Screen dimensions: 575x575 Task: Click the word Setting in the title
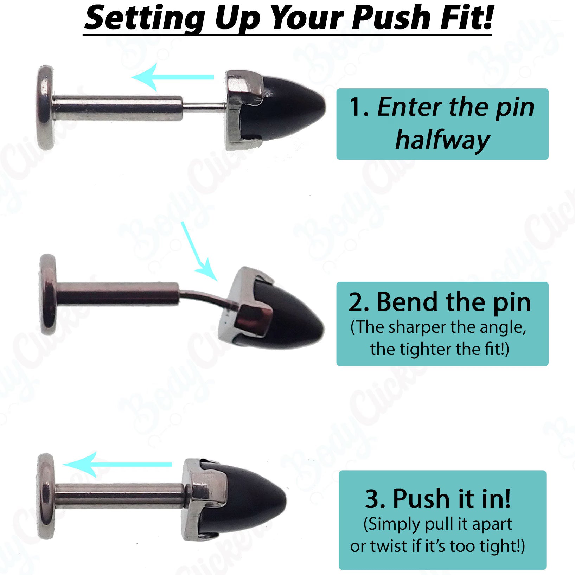[144, 18]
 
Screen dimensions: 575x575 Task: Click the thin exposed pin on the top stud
[204, 105]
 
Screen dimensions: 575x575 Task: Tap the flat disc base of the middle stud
[48, 294]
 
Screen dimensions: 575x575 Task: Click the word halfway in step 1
[442, 140]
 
